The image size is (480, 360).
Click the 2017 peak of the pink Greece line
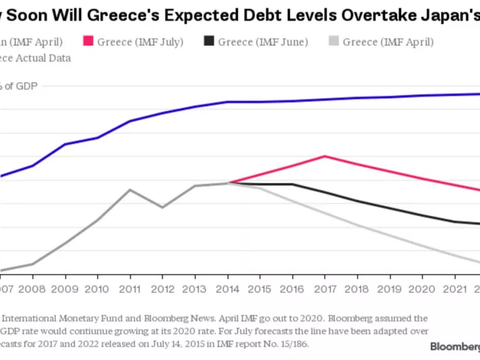[x=325, y=156]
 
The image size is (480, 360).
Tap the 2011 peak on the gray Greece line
[x=130, y=190]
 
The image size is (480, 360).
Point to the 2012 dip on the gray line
[x=162, y=208]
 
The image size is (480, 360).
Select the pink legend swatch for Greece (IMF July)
[x=87, y=41]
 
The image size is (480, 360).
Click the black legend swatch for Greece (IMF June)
[x=209, y=41]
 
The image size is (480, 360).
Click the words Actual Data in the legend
[x=46, y=58]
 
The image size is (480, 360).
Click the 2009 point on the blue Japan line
[x=65, y=144]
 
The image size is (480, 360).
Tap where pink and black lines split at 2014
[x=228, y=183]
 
